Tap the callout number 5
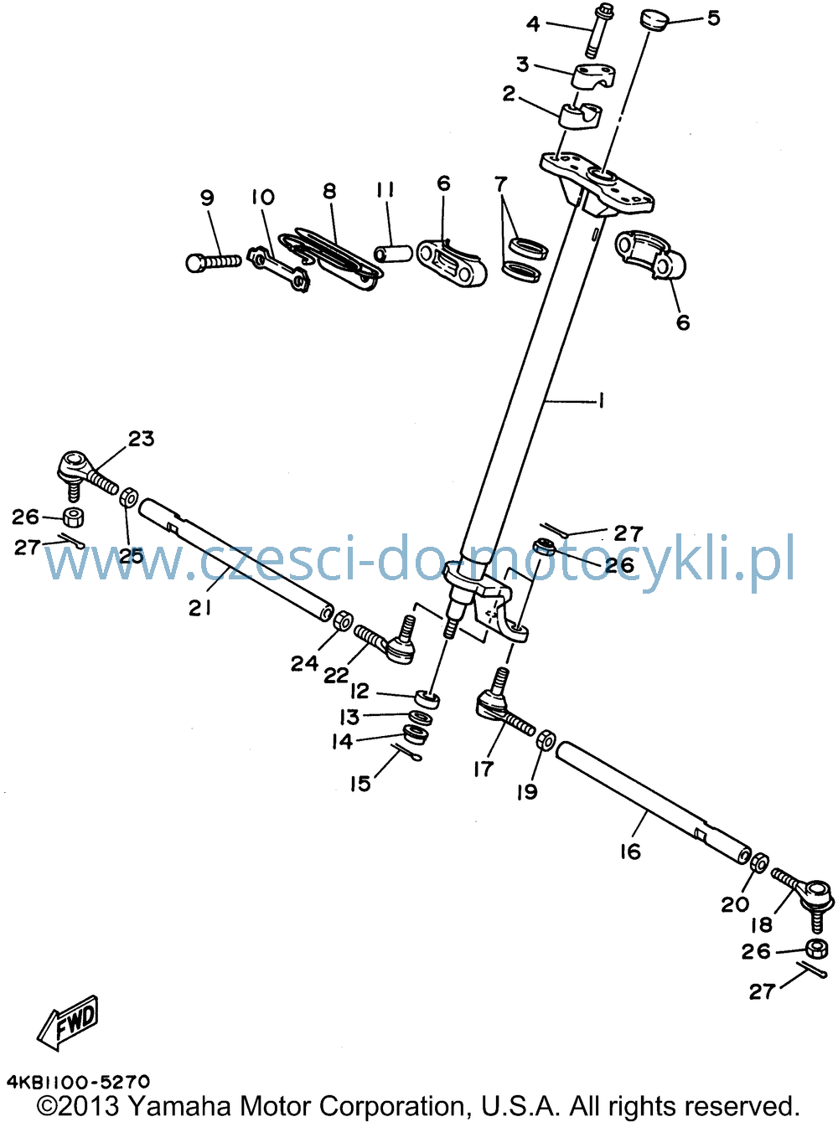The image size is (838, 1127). [713, 18]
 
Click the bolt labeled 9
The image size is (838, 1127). [212, 262]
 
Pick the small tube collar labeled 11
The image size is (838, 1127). [392, 253]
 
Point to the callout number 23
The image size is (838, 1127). [141, 438]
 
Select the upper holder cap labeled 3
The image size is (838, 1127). [595, 75]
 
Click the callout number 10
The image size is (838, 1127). [262, 196]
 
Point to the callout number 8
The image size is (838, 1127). [329, 191]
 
